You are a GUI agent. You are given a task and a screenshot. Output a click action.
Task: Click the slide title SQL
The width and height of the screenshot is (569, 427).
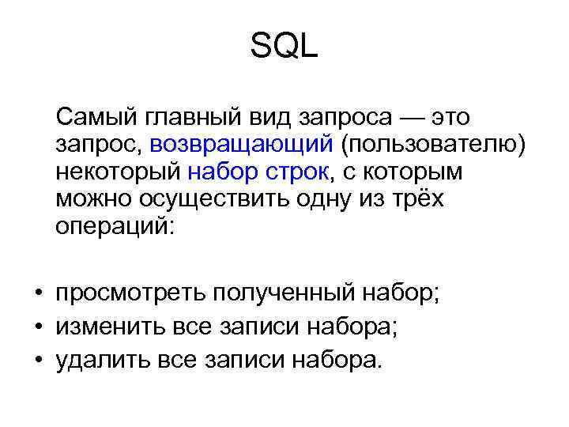284,48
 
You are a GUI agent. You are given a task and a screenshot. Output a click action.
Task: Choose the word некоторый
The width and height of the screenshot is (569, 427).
118,172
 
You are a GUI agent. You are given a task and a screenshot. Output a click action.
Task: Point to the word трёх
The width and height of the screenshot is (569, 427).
414,199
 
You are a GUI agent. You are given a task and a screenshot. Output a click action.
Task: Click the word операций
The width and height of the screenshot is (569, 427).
118,226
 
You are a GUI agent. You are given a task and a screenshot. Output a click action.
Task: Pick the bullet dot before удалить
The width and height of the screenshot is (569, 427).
37,361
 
